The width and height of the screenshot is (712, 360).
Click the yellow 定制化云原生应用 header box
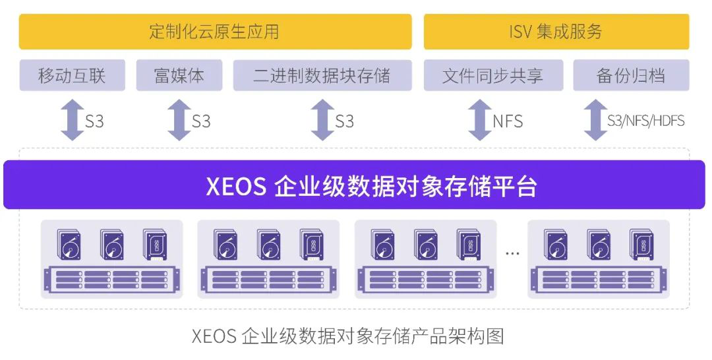tap(215, 32)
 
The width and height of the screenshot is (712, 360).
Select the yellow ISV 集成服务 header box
tap(556, 32)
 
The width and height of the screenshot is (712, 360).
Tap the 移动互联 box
tap(72, 75)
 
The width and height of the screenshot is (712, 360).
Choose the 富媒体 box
tap(179, 75)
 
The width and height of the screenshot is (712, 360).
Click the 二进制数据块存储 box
tap(322, 75)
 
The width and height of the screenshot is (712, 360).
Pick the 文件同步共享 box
tap(493, 75)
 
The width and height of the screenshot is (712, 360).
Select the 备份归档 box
tap(631, 75)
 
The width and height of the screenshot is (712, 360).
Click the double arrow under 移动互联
tap(72, 120)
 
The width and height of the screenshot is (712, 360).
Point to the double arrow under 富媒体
tap(179, 120)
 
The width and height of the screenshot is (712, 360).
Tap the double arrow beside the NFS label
tap(479, 120)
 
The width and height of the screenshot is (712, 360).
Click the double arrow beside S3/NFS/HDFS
tap(595, 120)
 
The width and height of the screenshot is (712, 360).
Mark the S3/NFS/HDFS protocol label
tap(646, 121)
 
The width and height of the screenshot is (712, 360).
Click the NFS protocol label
tap(508, 121)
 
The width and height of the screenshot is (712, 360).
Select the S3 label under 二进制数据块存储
tap(344, 121)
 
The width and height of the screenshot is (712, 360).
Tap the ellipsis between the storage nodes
tap(512, 253)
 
